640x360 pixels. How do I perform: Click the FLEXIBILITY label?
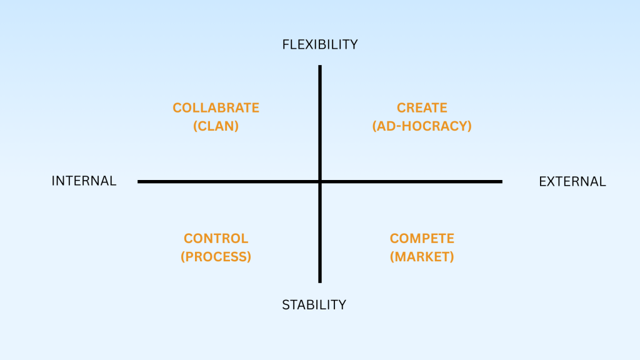coord(320,44)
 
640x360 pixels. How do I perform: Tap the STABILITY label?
coord(314,305)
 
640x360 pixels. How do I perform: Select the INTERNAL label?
coord(84,181)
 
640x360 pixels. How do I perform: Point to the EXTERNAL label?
coord(572,181)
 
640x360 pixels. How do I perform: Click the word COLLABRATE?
coord(216,107)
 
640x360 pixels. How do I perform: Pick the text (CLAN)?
coord(216,126)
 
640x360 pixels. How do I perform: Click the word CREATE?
coord(422,107)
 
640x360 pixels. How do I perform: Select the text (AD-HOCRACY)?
coord(422,126)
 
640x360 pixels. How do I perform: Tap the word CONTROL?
coord(216,238)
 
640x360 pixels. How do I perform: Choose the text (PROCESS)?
coord(216,256)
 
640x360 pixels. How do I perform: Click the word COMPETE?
coord(422,238)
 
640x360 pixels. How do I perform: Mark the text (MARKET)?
coord(422,256)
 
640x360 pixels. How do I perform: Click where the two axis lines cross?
coord(320,182)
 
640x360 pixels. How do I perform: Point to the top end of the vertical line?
coord(320,66)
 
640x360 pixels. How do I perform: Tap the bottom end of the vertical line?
coord(320,282)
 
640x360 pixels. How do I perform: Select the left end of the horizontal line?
coord(139,182)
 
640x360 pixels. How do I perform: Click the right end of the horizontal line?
coord(501,182)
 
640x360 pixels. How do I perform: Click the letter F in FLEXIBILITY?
coord(286,44)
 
